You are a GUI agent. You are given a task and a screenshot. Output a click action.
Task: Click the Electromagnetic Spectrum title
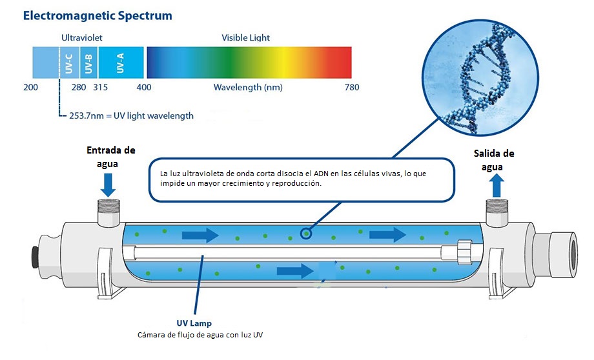(97, 15)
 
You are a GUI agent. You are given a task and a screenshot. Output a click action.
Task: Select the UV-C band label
(69, 63)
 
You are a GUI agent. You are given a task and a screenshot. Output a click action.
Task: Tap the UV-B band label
(88, 63)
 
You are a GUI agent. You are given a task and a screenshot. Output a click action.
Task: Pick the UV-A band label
(121, 63)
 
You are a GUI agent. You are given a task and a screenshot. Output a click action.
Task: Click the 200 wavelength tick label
(31, 88)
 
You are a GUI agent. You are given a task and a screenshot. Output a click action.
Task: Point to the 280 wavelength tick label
(79, 88)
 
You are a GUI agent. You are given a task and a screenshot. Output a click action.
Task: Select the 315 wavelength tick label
(100, 88)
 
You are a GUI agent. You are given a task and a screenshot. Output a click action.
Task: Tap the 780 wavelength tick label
(351, 88)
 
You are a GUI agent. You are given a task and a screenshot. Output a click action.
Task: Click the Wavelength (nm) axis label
(248, 88)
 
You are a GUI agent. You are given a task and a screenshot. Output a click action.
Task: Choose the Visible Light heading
(245, 38)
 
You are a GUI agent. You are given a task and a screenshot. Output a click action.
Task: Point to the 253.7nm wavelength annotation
(131, 116)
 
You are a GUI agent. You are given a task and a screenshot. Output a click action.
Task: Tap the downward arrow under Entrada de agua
(108, 185)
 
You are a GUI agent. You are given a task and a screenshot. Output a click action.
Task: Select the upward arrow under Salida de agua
(497, 186)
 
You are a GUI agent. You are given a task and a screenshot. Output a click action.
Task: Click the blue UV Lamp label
(194, 323)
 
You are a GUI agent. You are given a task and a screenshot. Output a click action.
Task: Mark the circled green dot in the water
(306, 234)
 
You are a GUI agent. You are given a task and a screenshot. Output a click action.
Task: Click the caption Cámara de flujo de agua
(200, 335)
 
